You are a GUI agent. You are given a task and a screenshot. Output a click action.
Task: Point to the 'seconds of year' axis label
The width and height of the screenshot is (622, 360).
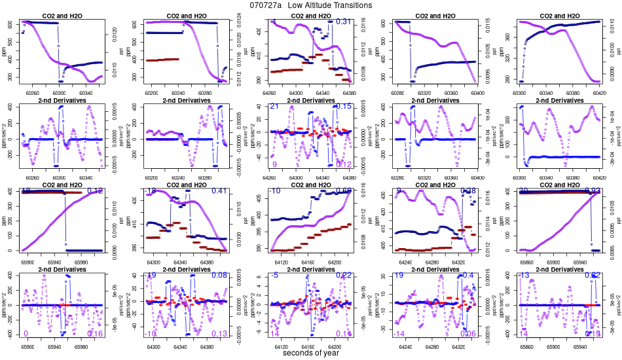click(x=311, y=353)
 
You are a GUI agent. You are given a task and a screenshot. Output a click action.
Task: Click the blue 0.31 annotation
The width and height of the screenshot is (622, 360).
click(x=344, y=22)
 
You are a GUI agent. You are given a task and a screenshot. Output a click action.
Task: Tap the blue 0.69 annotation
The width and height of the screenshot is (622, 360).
click(x=344, y=191)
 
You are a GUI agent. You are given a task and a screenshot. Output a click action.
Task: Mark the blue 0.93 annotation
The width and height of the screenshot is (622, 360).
click(x=593, y=191)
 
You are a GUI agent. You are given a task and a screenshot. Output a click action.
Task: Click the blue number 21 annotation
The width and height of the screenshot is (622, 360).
click(x=274, y=107)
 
